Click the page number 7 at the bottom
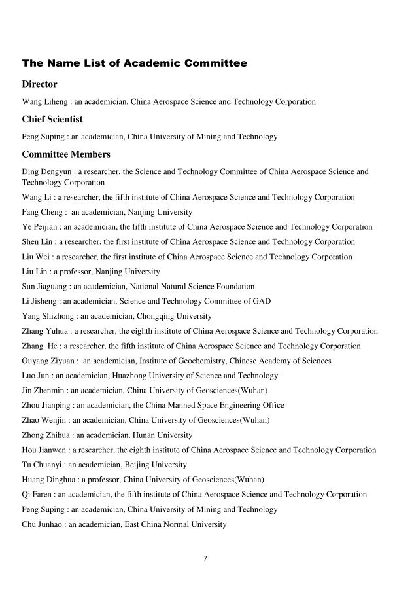pyautogui.click(x=205, y=558)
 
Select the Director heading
pyautogui.click(x=40, y=84)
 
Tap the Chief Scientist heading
pyautogui.click(x=52, y=120)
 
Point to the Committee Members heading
pyautogui.click(x=66, y=155)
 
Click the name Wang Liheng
pyautogui.click(x=43, y=102)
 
